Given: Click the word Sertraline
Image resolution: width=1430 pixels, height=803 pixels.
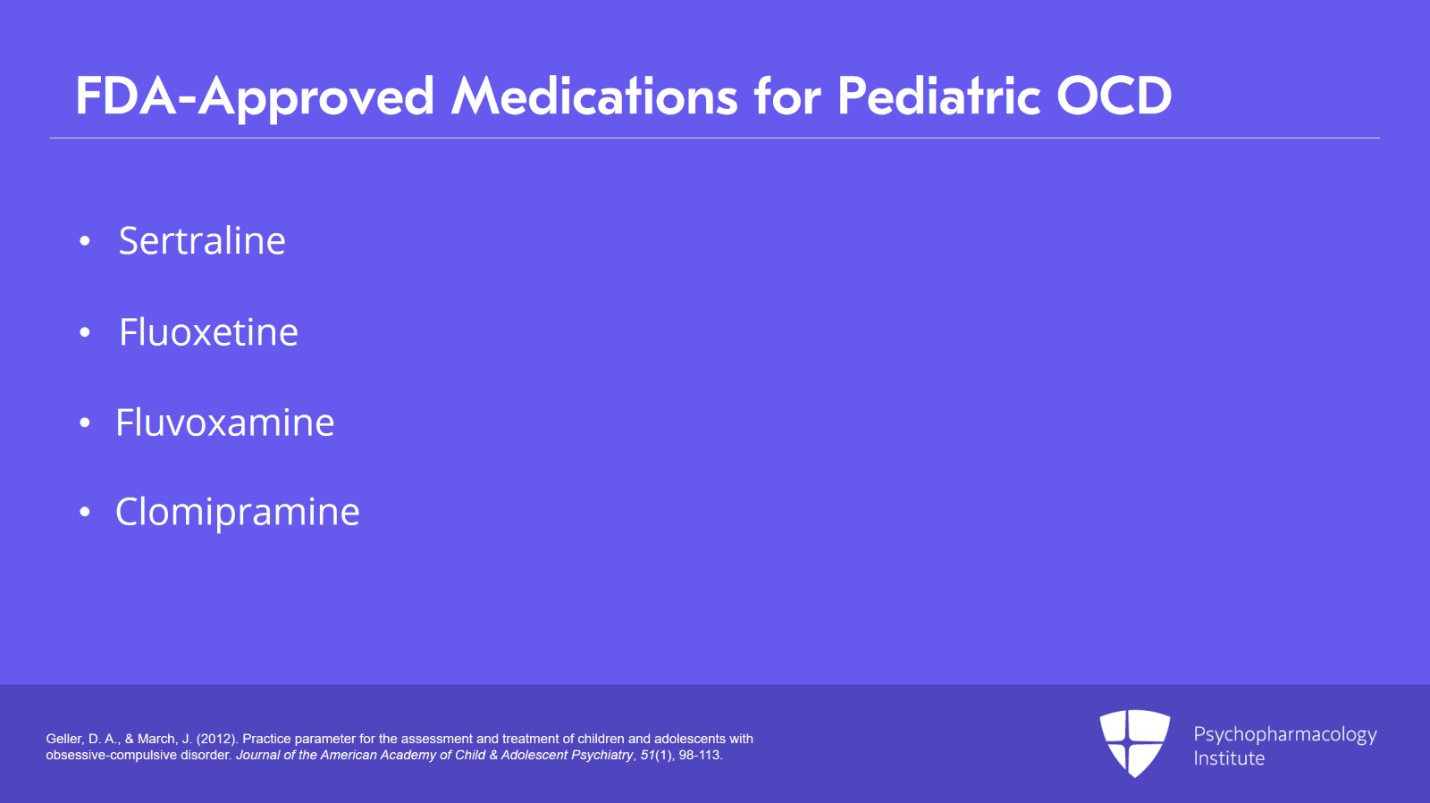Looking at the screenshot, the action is [202, 240].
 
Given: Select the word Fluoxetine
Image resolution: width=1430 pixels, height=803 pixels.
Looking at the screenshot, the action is [208, 331].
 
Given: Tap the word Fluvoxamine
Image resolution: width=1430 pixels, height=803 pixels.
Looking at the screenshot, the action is [224, 422].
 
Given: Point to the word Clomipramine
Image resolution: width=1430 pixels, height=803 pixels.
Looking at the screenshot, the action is [238, 512].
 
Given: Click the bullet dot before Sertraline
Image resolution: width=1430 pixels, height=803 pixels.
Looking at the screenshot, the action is [85, 241].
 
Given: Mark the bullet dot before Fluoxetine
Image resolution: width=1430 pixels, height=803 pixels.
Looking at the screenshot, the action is [85, 332].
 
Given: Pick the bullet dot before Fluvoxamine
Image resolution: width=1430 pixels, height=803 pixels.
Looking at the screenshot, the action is [85, 422].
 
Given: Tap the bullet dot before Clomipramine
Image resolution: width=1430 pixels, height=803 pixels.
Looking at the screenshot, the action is [85, 512].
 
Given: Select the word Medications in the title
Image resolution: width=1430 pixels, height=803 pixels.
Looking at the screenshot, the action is [594, 96].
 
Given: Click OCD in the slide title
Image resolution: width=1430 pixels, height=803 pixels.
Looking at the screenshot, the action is [1114, 96].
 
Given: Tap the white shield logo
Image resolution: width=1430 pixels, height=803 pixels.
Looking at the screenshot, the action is [1135, 743].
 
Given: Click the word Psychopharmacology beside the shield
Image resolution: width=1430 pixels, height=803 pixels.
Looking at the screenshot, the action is [1285, 735].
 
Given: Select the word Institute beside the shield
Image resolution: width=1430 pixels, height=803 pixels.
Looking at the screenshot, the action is [1229, 758].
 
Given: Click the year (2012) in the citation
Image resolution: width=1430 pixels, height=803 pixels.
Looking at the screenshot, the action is [217, 739].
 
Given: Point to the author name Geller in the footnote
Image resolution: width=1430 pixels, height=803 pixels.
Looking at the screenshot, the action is [64, 739].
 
